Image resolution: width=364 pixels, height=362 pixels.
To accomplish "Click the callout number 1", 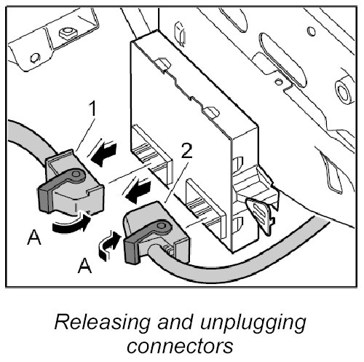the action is pyautogui.click(x=92, y=110).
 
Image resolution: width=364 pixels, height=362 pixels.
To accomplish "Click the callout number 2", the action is pyautogui.click(x=186, y=152).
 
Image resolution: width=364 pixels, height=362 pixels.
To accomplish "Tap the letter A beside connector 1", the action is pyautogui.click(x=33, y=237).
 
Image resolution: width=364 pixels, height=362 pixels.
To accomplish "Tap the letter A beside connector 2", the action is pyautogui.click(x=84, y=265).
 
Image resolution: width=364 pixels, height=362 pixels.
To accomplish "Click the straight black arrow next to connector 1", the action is pyautogui.click(x=103, y=154).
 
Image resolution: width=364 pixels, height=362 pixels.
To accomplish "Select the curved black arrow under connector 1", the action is pyautogui.click(x=71, y=224).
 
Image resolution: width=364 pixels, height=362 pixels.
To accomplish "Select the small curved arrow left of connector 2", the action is pyautogui.click(x=109, y=245).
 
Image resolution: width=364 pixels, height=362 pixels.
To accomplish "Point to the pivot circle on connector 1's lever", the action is pyautogui.click(x=76, y=174).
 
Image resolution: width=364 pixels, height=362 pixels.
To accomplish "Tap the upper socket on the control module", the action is pyautogui.click(x=151, y=153).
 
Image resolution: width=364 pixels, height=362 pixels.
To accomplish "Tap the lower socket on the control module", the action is pyautogui.click(x=206, y=208).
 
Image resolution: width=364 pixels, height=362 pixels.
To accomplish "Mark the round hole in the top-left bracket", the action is pyautogui.click(x=35, y=58).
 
